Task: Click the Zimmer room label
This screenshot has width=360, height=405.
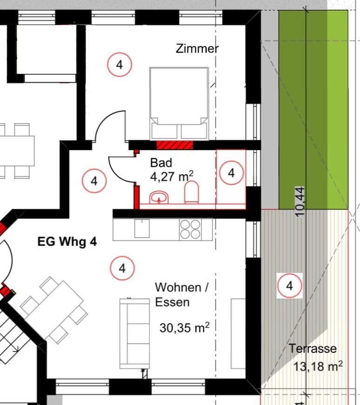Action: point(197,48)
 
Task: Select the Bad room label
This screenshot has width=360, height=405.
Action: point(161,163)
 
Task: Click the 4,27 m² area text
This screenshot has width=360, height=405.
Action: point(172,176)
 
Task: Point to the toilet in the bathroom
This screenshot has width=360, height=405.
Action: point(192,193)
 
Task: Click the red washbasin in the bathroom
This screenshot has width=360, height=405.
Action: point(159,198)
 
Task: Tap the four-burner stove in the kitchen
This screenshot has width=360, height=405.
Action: point(190,229)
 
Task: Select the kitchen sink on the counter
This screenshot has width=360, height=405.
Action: point(142,228)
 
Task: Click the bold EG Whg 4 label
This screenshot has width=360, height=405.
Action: point(67,242)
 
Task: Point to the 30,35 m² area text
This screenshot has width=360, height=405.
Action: point(184,327)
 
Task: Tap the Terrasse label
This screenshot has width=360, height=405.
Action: point(312,348)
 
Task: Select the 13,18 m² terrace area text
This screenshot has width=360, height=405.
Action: point(318,366)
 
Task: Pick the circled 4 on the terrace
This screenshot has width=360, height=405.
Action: point(290,285)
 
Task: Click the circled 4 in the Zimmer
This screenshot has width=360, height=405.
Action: point(120,65)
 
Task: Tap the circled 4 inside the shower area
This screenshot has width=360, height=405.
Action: point(231,173)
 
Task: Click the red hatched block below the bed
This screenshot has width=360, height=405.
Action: point(174,145)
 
